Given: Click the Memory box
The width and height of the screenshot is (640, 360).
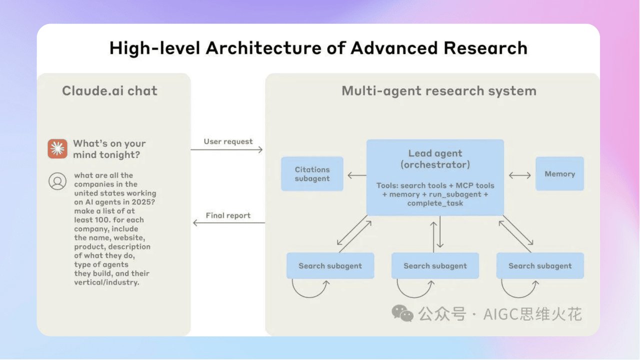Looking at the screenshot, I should click(x=559, y=174).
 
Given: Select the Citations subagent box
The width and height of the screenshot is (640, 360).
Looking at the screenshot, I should click(x=312, y=174).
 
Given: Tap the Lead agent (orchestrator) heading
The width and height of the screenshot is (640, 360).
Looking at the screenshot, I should click(x=435, y=159).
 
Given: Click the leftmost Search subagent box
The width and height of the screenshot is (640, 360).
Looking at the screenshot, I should click(x=330, y=265).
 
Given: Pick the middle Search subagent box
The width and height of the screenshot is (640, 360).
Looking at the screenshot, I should click(x=435, y=265).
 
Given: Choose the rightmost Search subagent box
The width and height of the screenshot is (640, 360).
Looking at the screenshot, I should click(x=540, y=265).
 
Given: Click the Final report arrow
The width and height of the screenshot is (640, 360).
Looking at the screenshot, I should click(x=228, y=223).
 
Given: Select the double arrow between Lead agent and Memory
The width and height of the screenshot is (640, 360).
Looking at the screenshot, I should click(x=519, y=175).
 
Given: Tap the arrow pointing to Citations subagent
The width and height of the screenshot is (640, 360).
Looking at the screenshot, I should click(x=356, y=175).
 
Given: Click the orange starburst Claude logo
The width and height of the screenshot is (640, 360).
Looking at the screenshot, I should click(x=57, y=149).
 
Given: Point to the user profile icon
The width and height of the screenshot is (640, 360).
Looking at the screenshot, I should click(x=57, y=180).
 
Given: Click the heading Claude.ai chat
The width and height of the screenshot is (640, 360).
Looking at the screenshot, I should click(x=109, y=91).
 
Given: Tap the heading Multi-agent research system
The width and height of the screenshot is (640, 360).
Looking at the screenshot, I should click(x=439, y=91).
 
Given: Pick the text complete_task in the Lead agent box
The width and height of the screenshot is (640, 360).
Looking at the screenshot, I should click(x=435, y=203).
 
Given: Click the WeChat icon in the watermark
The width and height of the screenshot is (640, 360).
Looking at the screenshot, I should click(x=402, y=313).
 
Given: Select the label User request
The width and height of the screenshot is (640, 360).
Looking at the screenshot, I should click(x=228, y=141).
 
